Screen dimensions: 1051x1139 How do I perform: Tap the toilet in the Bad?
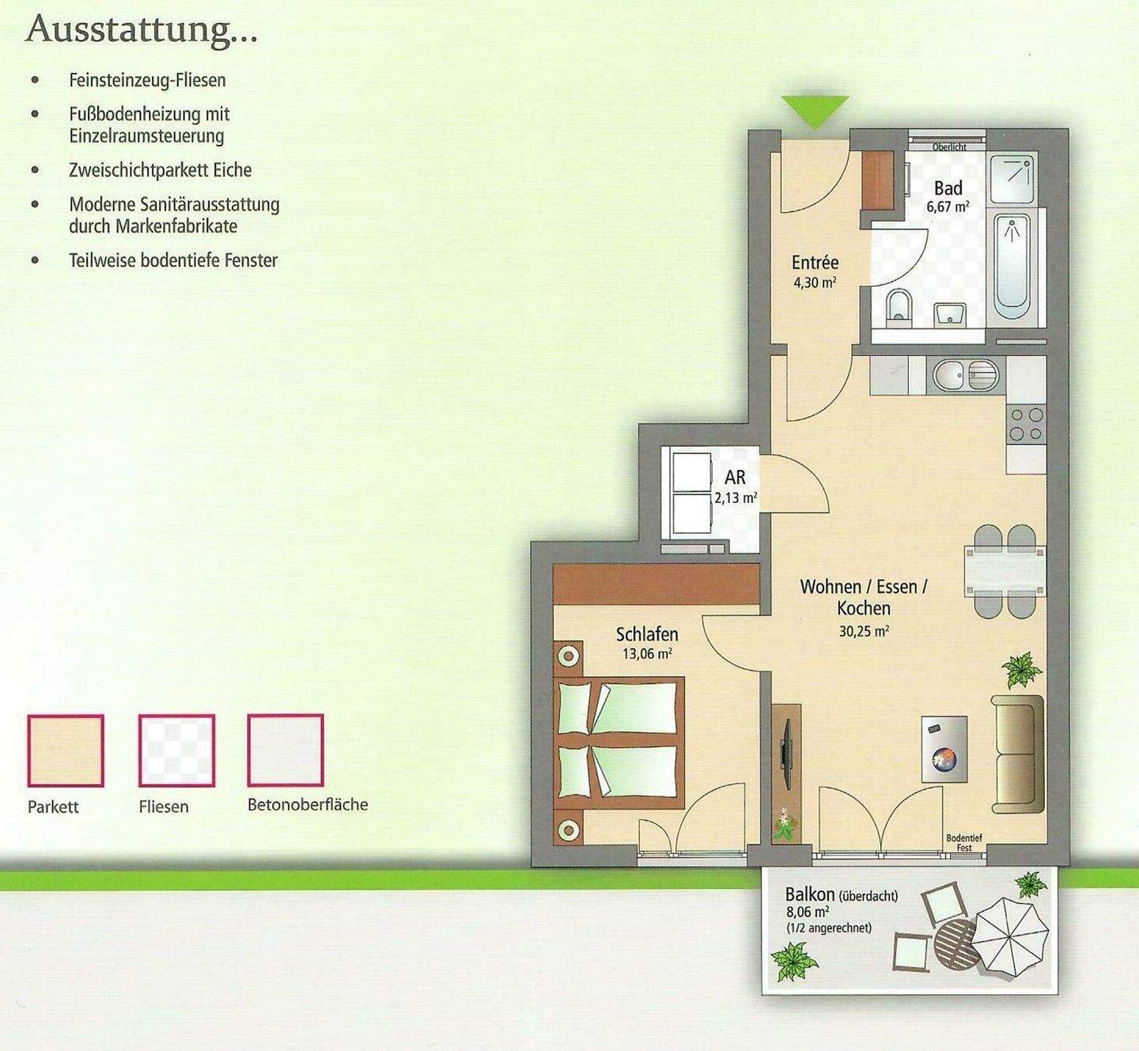coord(899,307)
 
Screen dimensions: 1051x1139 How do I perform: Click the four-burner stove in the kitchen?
coord(1027,424)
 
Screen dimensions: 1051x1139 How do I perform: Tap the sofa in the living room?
coord(1018,754)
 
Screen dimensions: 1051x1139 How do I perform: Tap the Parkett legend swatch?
coord(66,750)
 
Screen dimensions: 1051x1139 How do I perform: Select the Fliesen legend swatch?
coord(176,750)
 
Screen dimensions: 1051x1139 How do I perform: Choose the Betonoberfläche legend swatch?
coord(286,750)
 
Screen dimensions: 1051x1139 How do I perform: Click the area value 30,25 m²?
coord(864,631)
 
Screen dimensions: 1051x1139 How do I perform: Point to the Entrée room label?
coord(815,263)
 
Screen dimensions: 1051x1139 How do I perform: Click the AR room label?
coord(735,477)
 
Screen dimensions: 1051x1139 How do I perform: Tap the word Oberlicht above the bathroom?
coord(949,147)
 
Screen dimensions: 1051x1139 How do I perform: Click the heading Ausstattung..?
coord(142,30)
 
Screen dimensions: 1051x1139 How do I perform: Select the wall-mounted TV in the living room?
coord(785,743)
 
